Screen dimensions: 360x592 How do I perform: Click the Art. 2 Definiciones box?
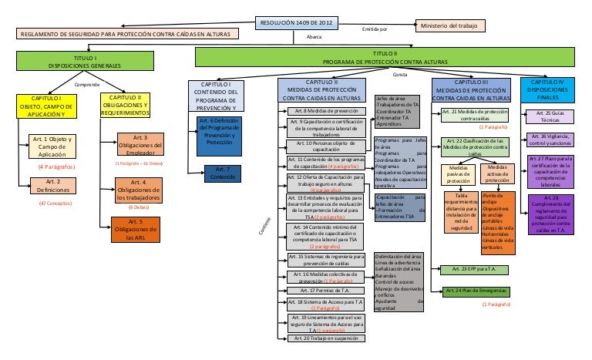(51, 186)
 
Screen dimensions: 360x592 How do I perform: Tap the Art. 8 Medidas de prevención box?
(330, 112)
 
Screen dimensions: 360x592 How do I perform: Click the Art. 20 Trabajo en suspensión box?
(329, 338)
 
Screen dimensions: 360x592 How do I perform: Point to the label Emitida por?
(375, 29)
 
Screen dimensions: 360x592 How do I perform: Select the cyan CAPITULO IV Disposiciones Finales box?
(553, 89)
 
